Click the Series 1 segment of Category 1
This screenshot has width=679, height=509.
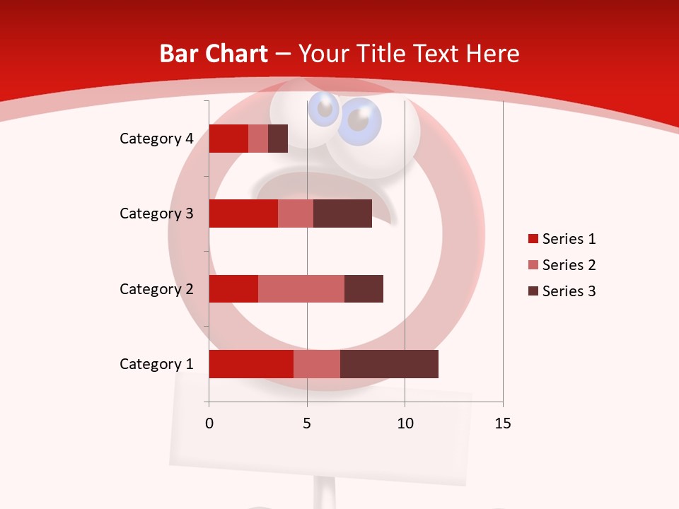(x=251, y=364)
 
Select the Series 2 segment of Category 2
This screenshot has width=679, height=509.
(x=301, y=288)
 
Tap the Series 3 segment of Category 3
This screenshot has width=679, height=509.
(x=342, y=213)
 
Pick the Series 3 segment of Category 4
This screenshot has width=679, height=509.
(x=278, y=139)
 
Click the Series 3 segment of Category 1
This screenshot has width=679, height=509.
(x=389, y=364)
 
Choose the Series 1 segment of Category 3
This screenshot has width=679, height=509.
(x=243, y=213)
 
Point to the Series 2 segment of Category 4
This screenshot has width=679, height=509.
(x=258, y=139)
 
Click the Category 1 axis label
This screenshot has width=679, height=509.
(x=156, y=364)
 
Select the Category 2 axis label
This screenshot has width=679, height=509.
(x=156, y=288)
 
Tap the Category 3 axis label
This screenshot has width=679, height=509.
(x=156, y=213)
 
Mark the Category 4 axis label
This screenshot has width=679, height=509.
(x=156, y=139)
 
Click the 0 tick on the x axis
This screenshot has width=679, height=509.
(x=209, y=423)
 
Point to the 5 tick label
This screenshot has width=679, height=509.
(x=307, y=423)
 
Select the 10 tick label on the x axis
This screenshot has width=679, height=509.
(x=405, y=423)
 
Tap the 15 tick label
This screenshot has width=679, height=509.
(x=503, y=423)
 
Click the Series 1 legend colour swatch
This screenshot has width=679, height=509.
(x=533, y=239)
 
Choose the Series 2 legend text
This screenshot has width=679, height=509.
(x=569, y=265)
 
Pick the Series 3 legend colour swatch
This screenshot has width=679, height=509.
(x=533, y=291)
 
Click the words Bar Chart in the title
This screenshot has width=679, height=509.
(x=214, y=54)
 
